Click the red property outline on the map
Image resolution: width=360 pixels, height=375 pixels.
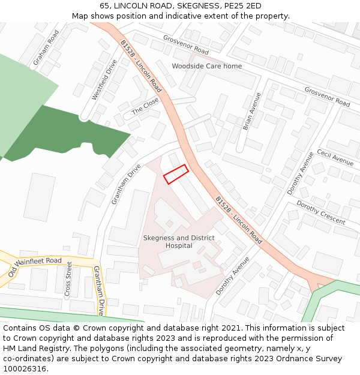pyautogui.click(x=176, y=174)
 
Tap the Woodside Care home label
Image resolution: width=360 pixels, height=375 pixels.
pyautogui.click(x=207, y=66)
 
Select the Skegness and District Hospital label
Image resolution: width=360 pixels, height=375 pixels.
pyautogui.click(x=179, y=242)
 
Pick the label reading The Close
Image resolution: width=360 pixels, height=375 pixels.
pyautogui.click(x=145, y=107)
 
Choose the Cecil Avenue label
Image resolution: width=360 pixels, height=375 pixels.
pyautogui.click(x=335, y=157)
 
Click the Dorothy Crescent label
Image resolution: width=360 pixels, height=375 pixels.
pyautogui.click(x=321, y=213)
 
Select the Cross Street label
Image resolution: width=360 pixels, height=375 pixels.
pyautogui.click(x=68, y=279)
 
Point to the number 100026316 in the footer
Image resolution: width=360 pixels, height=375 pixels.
pyautogui.click(x=25, y=369)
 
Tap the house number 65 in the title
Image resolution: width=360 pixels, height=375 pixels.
pyautogui.click(x=104, y=5)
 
